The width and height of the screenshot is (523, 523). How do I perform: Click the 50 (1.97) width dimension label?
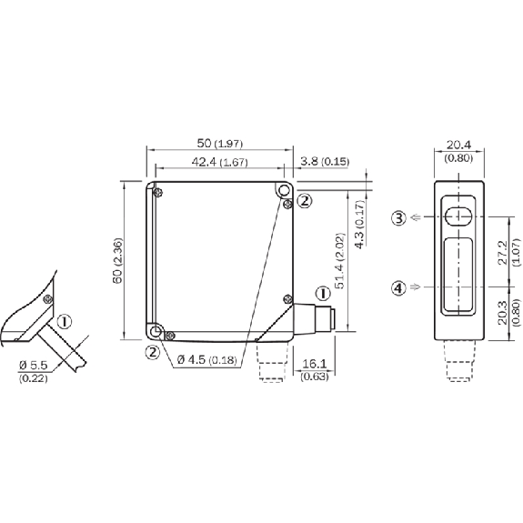tap(220, 144)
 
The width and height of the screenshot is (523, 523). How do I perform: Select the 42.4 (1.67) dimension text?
tap(220, 162)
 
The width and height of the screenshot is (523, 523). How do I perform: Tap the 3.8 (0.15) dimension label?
tap(325, 162)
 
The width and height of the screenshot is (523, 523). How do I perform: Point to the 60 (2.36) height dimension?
tap(117, 261)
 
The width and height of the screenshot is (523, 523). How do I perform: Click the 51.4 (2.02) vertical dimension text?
tap(340, 261)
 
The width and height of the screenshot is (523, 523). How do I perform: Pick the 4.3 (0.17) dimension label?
tap(360, 224)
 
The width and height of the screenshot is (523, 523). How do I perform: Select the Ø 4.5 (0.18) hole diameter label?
tap(207, 359)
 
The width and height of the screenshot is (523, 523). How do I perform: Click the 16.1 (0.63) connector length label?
tap(315, 369)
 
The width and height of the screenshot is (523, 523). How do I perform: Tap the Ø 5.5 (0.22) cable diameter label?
tap(34, 371)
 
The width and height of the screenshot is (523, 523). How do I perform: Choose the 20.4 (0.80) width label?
tap(458, 151)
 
